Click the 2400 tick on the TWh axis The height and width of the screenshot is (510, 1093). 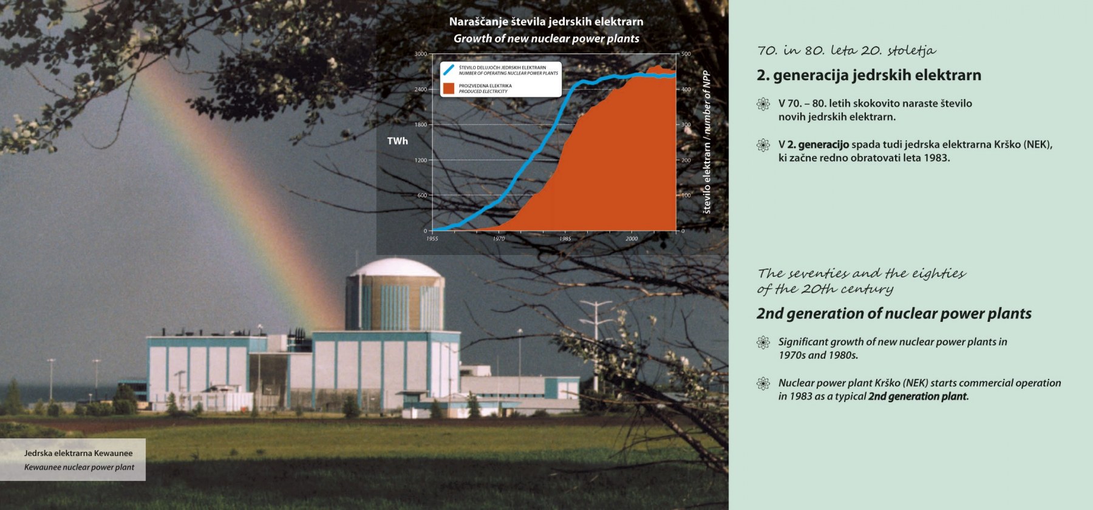(x=421, y=89)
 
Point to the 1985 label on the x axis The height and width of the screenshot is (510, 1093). (x=565, y=239)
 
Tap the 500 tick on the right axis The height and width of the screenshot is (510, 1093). (x=686, y=54)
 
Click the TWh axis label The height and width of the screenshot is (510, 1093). (x=398, y=141)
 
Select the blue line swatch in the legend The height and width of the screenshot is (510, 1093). (x=449, y=70)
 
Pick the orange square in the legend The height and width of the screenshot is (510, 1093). (x=449, y=89)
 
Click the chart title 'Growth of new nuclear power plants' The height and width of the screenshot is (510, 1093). (x=546, y=38)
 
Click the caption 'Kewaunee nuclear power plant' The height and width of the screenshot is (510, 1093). (x=79, y=467)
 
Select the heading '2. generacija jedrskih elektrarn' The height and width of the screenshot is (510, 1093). (x=869, y=75)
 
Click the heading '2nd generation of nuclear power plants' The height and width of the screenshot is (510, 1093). (x=894, y=313)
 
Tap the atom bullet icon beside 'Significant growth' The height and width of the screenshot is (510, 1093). (x=763, y=342)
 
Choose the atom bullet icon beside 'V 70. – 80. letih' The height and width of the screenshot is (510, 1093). (x=763, y=104)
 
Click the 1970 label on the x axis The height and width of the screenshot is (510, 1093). (x=499, y=239)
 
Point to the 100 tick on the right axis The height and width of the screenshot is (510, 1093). (x=686, y=195)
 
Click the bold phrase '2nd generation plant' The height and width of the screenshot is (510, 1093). (x=917, y=396)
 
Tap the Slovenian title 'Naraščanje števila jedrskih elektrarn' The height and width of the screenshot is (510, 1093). (x=546, y=22)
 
